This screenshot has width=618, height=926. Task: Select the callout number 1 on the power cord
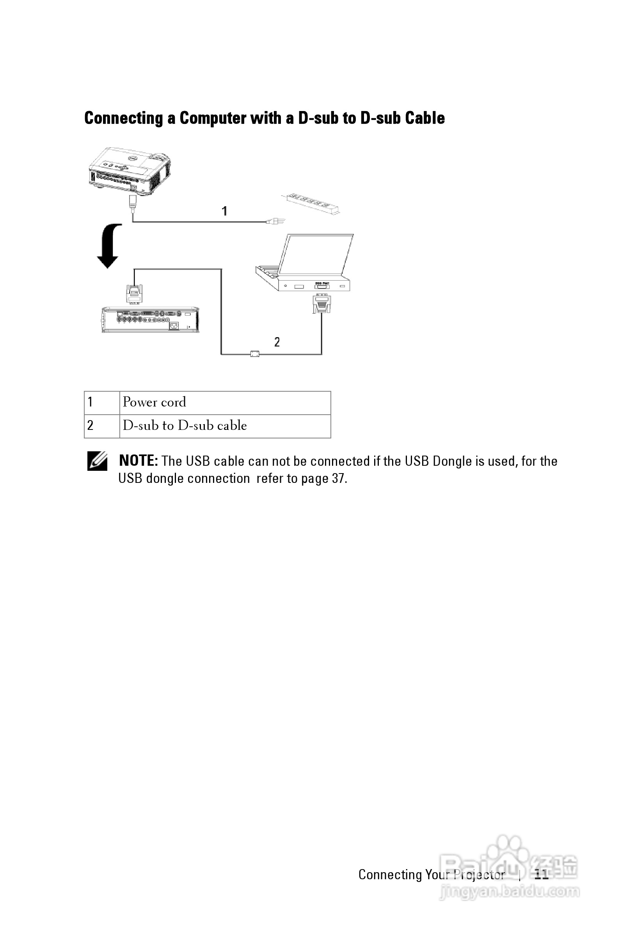[x=224, y=211]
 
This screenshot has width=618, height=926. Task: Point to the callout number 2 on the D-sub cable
[x=277, y=342]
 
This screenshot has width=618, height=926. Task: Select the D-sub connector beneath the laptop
[x=321, y=304]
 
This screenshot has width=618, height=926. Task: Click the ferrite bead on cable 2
[x=255, y=354]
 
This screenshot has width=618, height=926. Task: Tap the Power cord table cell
[x=225, y=402]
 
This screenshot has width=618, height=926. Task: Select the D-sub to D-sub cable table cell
[x=225, y=426]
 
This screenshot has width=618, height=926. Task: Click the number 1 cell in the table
[x=102, y=402]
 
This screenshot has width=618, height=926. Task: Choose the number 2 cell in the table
[x=102, y=426]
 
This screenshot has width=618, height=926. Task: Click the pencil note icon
[x=97, y=461]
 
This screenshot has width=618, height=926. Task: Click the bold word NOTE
[x=139, y=461]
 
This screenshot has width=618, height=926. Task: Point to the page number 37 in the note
[x=338, y=478]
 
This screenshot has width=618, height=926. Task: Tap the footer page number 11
[x=542, y=875]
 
